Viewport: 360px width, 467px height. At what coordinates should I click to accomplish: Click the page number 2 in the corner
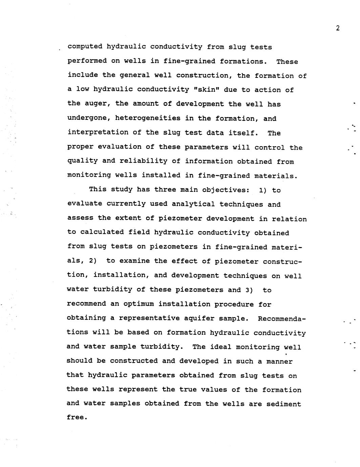337,28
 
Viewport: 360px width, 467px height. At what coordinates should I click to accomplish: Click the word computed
85,47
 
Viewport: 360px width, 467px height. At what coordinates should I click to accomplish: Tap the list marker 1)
263,190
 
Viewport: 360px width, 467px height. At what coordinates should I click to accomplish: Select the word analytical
193,204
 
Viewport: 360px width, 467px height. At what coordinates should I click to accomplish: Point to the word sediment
284,404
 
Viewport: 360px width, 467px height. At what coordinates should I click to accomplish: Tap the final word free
77,417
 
